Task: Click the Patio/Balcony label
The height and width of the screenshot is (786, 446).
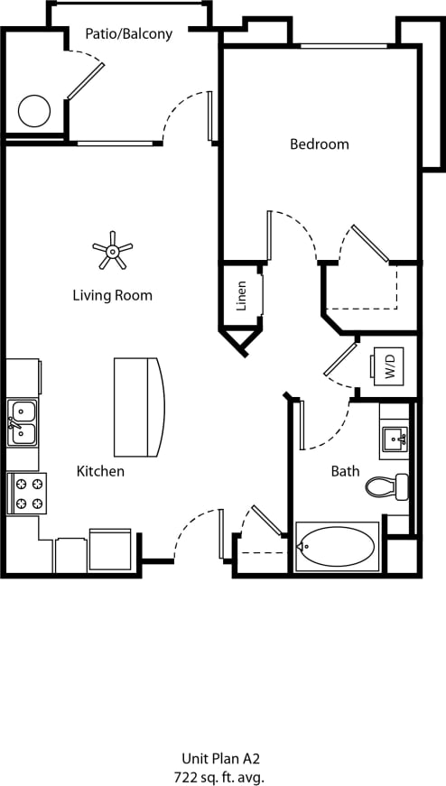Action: pyautogui.click(x=128, y=33)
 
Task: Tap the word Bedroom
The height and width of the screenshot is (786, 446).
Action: pyautogui.click(x=319, y=143)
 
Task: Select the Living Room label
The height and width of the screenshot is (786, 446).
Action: pyautogui.click(x=113, y=295)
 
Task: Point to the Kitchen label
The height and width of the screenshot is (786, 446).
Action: pyautogui.click(x=100, y=471)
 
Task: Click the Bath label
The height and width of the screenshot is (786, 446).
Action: pyautogui.click(x=345, y=471)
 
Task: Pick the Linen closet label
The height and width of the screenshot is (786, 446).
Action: pyautogui.click(x=242, y=296)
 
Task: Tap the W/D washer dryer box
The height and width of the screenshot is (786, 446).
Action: pyautogui.click(x=390, y=366)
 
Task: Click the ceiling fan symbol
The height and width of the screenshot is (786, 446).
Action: pyautogui.click(x=113, y=250)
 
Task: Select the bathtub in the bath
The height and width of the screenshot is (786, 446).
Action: pyautogui.click(x=337, y=547)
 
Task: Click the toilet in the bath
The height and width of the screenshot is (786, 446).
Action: pyautogui.click(x=388, y=487)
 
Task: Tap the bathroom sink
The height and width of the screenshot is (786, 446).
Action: pyautogui.click(x=395, y=440)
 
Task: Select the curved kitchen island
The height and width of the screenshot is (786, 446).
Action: pyautogui.click(x=139, y=407)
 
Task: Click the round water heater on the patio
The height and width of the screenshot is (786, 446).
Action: pyautogui.click(x=34, y=111)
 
